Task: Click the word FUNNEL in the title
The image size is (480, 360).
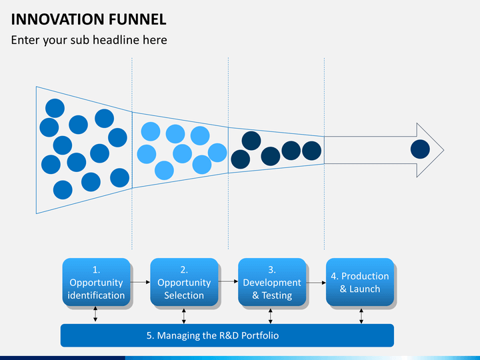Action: tap(139, 19)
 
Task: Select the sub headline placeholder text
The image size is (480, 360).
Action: tap(89, 40)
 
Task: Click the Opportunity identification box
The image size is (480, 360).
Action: tap(96, 282)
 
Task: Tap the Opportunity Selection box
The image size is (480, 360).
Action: tap(184, 282)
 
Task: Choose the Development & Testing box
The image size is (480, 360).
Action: tap(272, 282)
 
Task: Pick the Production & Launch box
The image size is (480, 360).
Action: tap(360, 282)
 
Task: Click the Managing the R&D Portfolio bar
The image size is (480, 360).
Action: tap(227, 335)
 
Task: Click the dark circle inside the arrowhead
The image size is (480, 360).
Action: tap(420, 149)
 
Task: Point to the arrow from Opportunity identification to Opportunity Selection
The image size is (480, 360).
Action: tap(140, 282)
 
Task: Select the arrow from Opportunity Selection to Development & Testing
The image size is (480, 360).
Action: tap(228, 282)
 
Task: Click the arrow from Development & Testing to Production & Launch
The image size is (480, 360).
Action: tap(316, 282)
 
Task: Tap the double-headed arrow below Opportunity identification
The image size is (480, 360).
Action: tap(96, 315)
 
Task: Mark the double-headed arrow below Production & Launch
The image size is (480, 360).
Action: tap(361, 315)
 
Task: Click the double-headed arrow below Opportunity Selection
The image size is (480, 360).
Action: tap(184, 315)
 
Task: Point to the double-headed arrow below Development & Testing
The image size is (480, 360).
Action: tap(271, 315)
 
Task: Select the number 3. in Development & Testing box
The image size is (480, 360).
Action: tap(272, 270)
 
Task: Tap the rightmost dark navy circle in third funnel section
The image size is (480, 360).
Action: tap(311, 151)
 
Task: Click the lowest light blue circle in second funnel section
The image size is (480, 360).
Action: tap(164, 171)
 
